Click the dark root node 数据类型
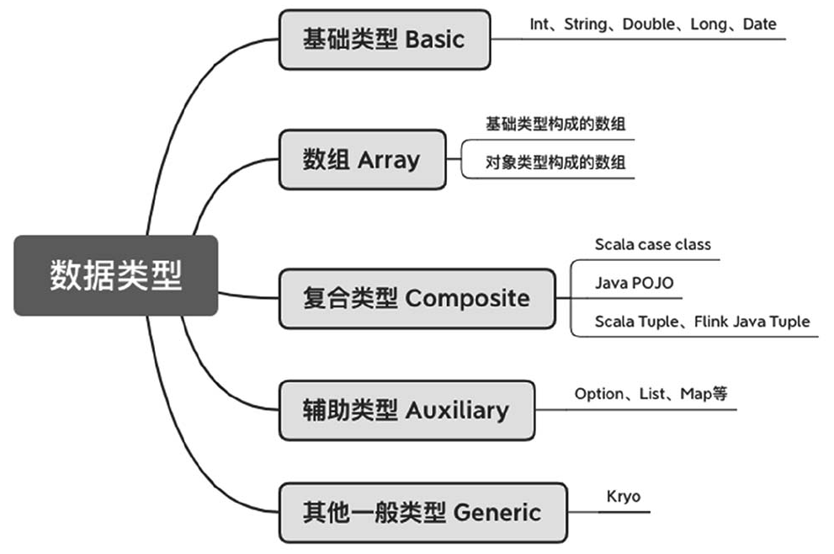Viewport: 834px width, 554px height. click(115, 275)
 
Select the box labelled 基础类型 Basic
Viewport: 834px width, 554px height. click(384, 39)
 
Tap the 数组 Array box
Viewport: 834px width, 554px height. click(362, 159)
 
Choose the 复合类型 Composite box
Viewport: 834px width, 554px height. click(417, 298)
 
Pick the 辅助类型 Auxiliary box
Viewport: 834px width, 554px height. click(406, 410)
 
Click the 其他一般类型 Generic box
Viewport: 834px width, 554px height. click(422, 512)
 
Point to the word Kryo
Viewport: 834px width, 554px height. click(623, 496)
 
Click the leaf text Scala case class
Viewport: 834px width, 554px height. click(652, 245)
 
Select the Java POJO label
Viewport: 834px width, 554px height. click(634, 283)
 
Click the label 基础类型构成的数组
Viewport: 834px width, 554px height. click(555, 124)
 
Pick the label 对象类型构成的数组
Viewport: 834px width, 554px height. click(555, 162)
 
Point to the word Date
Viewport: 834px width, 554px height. click(759, 24)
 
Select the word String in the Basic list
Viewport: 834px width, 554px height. click(586, 24)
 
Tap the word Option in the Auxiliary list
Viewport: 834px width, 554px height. click(599, 393)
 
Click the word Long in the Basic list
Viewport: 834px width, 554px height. click(709, 24)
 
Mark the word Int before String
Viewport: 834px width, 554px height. click(539, 24)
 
